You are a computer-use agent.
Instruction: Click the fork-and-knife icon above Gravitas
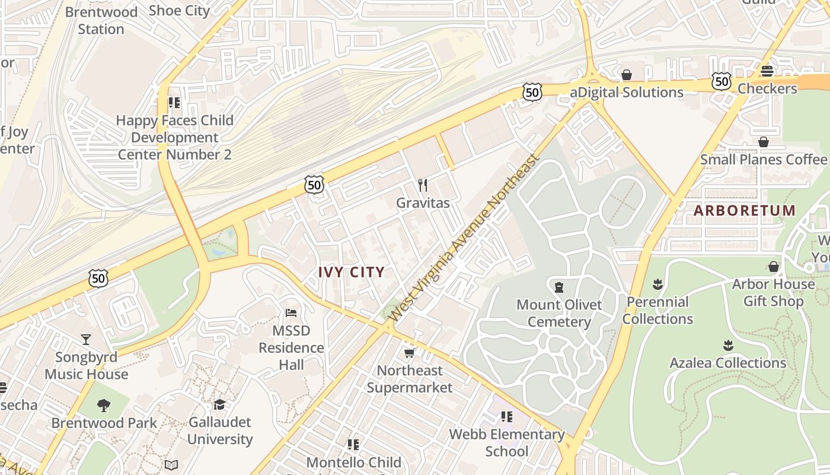[423, 185]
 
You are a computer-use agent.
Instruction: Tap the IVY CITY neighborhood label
[352, 272]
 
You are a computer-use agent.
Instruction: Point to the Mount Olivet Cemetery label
[559, 313]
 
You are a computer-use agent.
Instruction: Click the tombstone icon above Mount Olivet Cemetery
[558, 287]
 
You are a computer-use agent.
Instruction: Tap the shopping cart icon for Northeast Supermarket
[409, 353]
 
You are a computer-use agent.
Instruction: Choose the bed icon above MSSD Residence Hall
[290, 312]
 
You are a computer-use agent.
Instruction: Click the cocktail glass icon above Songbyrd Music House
[86, 339]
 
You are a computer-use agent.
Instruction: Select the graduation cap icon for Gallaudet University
[220, 404]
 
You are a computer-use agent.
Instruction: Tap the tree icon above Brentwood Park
[104, 406]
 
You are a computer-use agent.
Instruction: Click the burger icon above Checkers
[767, 71]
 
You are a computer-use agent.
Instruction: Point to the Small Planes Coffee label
[763, 159]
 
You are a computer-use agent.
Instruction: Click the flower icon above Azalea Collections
[728, 345]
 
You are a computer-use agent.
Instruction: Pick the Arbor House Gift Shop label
[773, 292]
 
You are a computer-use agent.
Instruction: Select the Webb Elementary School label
[506, 442]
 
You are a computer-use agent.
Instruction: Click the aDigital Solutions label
[627, 92]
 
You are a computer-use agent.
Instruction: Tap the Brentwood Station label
[101, 20]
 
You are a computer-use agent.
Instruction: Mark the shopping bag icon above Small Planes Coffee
[764, 142]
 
